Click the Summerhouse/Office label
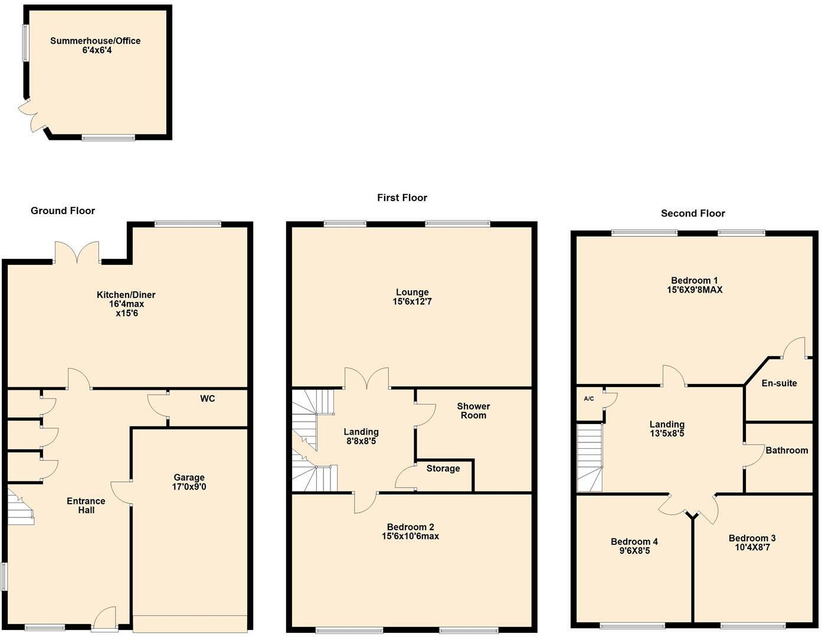point(95,41)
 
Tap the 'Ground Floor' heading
point(63,211)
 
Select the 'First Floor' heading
point(402,198)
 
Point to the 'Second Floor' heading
point(693,214)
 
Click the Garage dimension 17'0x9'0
point(189,487)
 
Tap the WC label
point(207,399)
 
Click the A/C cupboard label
point(588,399)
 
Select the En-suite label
point(779,383)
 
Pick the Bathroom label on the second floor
point(787,451)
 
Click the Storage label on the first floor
point(443,468)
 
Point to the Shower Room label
point(473,411)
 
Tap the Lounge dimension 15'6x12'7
point(412,302)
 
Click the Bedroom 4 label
point(634,541)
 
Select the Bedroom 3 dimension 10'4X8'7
point(752,547)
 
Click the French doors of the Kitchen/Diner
point(77,252)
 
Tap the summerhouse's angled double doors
point(33,117)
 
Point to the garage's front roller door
point(189,623)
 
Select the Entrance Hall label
point(86,505)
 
